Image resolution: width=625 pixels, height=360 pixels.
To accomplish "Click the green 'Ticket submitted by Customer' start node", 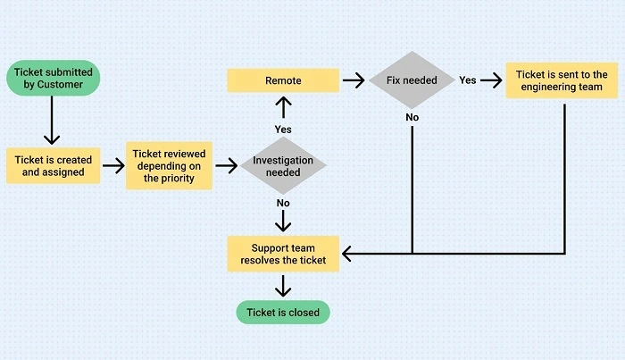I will coord(52,77).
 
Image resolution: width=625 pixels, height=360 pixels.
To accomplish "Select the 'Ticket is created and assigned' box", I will coord(53,165).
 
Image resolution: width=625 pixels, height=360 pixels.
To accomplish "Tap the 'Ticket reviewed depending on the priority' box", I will coord(169,166).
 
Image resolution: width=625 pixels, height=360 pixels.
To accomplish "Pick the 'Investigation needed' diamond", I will coord(283,166).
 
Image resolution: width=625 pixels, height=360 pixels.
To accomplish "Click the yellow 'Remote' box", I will coord(283,80).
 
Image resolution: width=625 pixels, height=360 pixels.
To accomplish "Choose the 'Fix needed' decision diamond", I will coord(412,80).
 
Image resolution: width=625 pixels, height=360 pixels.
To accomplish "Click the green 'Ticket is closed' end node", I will coord(283,312).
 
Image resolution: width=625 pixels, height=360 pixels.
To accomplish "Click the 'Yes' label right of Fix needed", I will coord(467,80).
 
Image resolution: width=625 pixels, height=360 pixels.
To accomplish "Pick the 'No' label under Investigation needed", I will coord(283,204).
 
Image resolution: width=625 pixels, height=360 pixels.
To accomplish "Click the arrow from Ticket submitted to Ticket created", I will coord(52,121).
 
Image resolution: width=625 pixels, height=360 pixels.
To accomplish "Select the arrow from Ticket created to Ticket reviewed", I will coord(112,165).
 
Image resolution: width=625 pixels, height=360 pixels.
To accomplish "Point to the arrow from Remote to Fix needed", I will coord(355,80).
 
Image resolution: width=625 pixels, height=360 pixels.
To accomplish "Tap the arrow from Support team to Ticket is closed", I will coord(283,285).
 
